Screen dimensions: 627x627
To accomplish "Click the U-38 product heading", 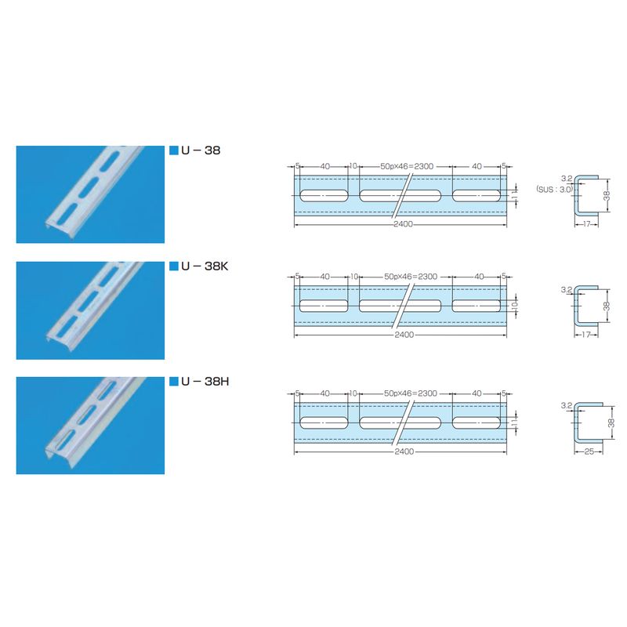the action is [201, 150].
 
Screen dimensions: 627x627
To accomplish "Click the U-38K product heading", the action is [205, 266].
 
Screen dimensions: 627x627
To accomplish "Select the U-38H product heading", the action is [205, 382].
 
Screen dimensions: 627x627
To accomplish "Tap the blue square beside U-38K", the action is [173, 266].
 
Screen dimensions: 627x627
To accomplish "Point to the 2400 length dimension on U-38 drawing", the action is [403, 224].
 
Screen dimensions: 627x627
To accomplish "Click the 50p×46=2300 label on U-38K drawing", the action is [411, 277].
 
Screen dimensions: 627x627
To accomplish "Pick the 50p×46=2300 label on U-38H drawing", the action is [411, 393].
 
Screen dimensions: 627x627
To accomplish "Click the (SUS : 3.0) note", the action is [555, 190].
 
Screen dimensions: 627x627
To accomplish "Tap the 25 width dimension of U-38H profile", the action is [589, 451].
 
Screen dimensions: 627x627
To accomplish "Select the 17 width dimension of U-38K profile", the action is [585, 335].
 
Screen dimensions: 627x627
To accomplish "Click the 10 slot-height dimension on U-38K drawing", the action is [515, 306].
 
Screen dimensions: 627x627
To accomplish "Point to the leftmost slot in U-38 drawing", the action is [324, 195].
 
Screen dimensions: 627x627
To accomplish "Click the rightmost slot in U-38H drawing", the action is [477, 422].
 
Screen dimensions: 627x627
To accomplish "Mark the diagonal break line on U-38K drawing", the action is [403, 306].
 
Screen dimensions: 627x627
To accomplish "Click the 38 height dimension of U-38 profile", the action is [607, 196].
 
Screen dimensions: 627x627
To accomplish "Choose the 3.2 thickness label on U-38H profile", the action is [567, 405].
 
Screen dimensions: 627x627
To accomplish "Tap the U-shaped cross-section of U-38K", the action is [576, 306].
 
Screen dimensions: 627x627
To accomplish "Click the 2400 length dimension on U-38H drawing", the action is [404, 451].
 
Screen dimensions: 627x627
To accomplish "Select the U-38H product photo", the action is [90, 426].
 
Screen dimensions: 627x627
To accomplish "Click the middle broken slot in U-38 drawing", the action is [400, 195].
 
